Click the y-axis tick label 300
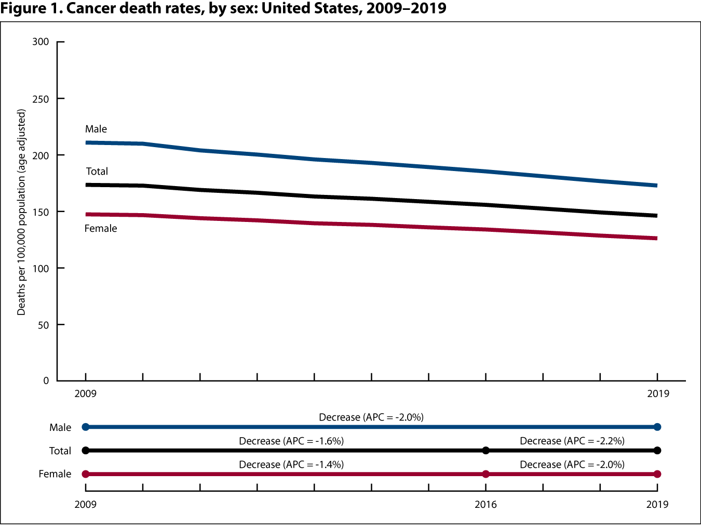(x=41, y=42)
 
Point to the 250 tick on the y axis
(x=41, y=99)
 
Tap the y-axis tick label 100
(x=41, y=268)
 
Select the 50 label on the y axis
(x=44, y=325)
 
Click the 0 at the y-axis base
(x=46, y=380)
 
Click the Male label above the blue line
(x=96, y=129)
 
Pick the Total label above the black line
(x=97, y=172)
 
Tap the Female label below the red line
(x=101, y=229)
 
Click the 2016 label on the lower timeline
(x=486, y=504)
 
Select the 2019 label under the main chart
(x=658, y=393)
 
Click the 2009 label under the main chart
(x=86, y=393)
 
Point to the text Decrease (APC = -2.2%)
(x=572, y=441)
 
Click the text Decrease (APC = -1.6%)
(x=291, y=441)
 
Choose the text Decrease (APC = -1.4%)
(x=291, y=464)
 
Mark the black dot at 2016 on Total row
(x=486, y=451)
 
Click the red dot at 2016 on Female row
(x=486, y=474)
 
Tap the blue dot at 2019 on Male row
(x=657, y=427)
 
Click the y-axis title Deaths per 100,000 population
(x=21, y=212)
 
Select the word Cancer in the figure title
(x=93, y=8)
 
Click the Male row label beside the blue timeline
(x=60, y=427)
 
